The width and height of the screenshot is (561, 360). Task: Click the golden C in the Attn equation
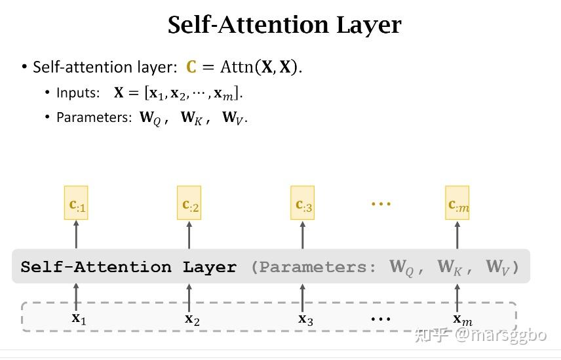tap(191, 67)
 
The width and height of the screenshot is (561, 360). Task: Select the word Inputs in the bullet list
tap(78, 92)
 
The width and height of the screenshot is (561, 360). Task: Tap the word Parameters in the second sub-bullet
tap(94, 117)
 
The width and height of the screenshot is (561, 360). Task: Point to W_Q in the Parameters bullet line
tap(150, 118)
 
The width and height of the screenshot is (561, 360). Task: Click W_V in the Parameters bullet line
tap(233, 118)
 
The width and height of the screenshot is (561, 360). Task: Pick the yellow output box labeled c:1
tap(76, 203)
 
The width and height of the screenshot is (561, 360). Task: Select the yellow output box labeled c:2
tap(189, 203)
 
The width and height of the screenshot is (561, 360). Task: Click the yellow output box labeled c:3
tap(303, 203)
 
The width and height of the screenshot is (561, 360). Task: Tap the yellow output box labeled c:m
tap(457, 203)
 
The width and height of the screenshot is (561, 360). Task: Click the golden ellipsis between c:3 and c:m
tap(381, 204)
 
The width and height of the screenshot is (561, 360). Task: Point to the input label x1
tap(79, 318)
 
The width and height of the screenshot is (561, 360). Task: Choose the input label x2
tap(192, 319)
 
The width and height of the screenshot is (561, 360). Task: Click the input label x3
tap(305, 319)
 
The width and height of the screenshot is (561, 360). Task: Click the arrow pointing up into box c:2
tap(189, 235)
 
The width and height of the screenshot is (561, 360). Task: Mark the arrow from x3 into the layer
tap(303, 298)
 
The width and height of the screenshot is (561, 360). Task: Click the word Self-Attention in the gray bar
tap(96, 267)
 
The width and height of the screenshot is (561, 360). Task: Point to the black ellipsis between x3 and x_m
tap(381, 319)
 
